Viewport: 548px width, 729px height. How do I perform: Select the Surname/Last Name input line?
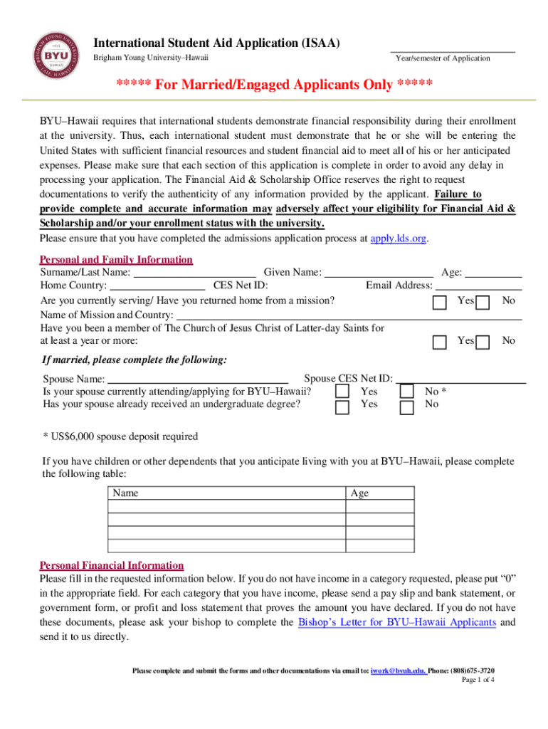195,272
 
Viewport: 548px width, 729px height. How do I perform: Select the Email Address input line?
478,285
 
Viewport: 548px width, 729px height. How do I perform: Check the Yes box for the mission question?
440,303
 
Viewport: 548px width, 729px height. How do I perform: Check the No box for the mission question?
483,303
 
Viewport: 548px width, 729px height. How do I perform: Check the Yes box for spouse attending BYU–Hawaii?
342,392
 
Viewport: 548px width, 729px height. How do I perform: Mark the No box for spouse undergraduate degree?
406,407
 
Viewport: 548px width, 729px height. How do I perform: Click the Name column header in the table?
125,493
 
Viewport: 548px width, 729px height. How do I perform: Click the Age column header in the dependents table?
359,493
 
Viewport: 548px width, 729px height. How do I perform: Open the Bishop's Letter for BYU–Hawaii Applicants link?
396,622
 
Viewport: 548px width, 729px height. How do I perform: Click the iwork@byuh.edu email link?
399,671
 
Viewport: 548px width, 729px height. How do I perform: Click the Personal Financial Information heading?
112,565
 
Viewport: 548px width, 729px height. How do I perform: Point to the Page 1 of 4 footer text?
478,681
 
